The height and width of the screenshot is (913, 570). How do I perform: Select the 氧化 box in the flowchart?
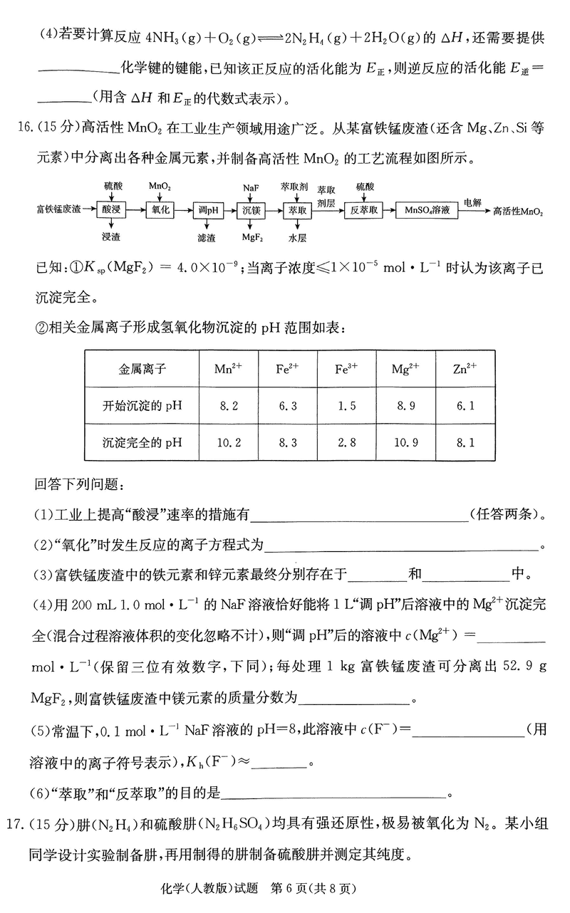click(157, 211)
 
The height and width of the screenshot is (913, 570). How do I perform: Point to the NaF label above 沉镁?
click(250, 187)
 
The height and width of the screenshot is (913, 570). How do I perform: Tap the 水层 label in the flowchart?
click(298, 235)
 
